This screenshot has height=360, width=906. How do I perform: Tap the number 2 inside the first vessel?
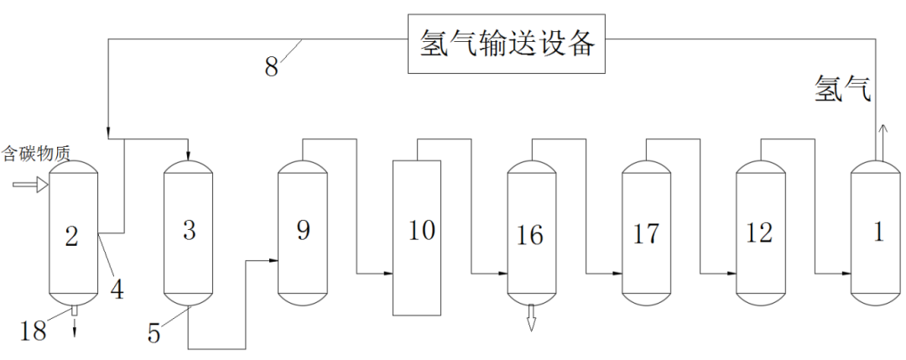(x=71, y=237)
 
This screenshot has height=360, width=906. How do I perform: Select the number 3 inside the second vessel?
(x=189, y=229)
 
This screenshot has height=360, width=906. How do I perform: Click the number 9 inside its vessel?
(x=304, y=229)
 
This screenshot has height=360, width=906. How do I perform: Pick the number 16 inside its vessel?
(x=530, y=235)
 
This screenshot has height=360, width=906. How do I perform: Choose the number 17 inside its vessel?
(x=646, y=233)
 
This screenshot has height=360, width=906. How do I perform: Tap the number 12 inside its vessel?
(x=759, y=232)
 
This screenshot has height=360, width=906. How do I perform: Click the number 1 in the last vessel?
(x=878, y=232)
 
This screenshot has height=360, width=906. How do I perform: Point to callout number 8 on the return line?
(x=271, y=67)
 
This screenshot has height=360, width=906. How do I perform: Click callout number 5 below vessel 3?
(x=154, y=334)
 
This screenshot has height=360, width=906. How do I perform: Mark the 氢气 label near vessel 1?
(x=843, y=88)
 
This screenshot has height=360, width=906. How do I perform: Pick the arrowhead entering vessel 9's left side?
(x=273, y=261)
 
